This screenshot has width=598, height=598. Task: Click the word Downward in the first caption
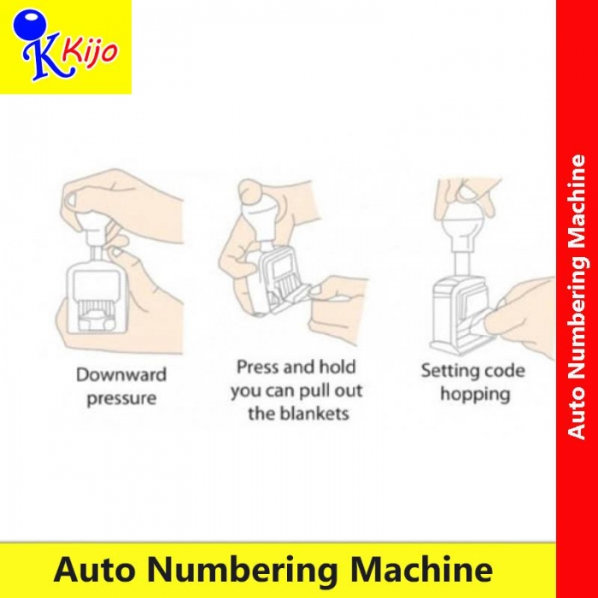tap(121, 374)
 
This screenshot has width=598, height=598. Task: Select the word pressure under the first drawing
tap(121, 399)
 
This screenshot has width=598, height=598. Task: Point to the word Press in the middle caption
tap(258, 366)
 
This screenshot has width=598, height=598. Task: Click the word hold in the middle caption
tap(337, 366)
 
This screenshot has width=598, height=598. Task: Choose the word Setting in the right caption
tap(446, 371)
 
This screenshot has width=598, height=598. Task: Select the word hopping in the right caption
tap(475, 395)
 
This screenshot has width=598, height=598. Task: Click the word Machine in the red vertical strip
tap(577, 207)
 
